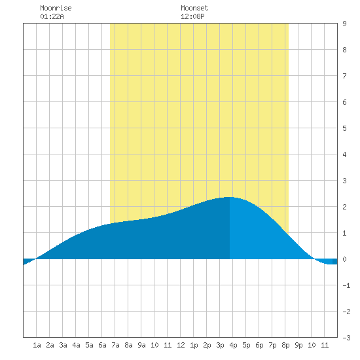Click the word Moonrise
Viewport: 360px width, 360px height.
(56, 8)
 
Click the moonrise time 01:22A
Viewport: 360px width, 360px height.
(52, 16)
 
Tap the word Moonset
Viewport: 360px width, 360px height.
(194, 8)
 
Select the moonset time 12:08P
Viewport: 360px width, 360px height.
(192, 16)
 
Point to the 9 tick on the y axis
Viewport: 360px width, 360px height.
(344, 24)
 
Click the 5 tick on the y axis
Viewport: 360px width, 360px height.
(344, 128)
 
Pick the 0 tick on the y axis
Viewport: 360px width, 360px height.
(344, 259)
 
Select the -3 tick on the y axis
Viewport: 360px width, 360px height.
(346, 338)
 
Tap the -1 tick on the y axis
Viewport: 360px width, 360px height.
(346, 285)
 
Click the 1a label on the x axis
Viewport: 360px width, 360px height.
(37, 345)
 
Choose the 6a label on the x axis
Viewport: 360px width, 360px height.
(102, 345)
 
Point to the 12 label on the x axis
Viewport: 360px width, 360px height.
(181, 345)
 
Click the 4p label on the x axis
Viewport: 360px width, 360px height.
(233, 345)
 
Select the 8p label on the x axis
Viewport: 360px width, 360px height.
(285, 345)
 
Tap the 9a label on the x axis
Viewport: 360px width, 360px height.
(141, 345)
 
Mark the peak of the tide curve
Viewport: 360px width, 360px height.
(230, 197)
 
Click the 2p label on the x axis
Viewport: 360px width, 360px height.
(207, 345)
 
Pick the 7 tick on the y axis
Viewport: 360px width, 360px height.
(344, 76)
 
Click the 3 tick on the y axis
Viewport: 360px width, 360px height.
(344, 181)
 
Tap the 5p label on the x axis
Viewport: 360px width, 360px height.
(246, 345)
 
